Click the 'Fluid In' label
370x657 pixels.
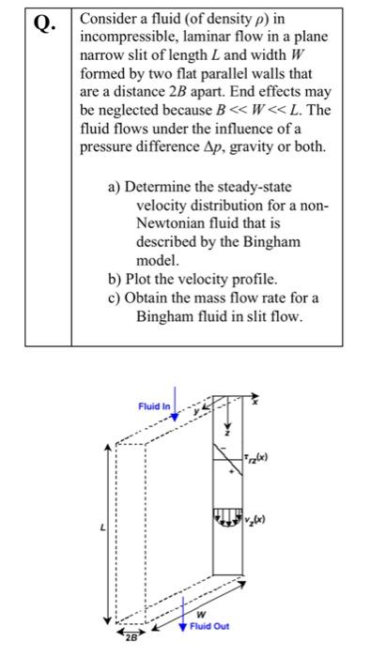tap(154, 406)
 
